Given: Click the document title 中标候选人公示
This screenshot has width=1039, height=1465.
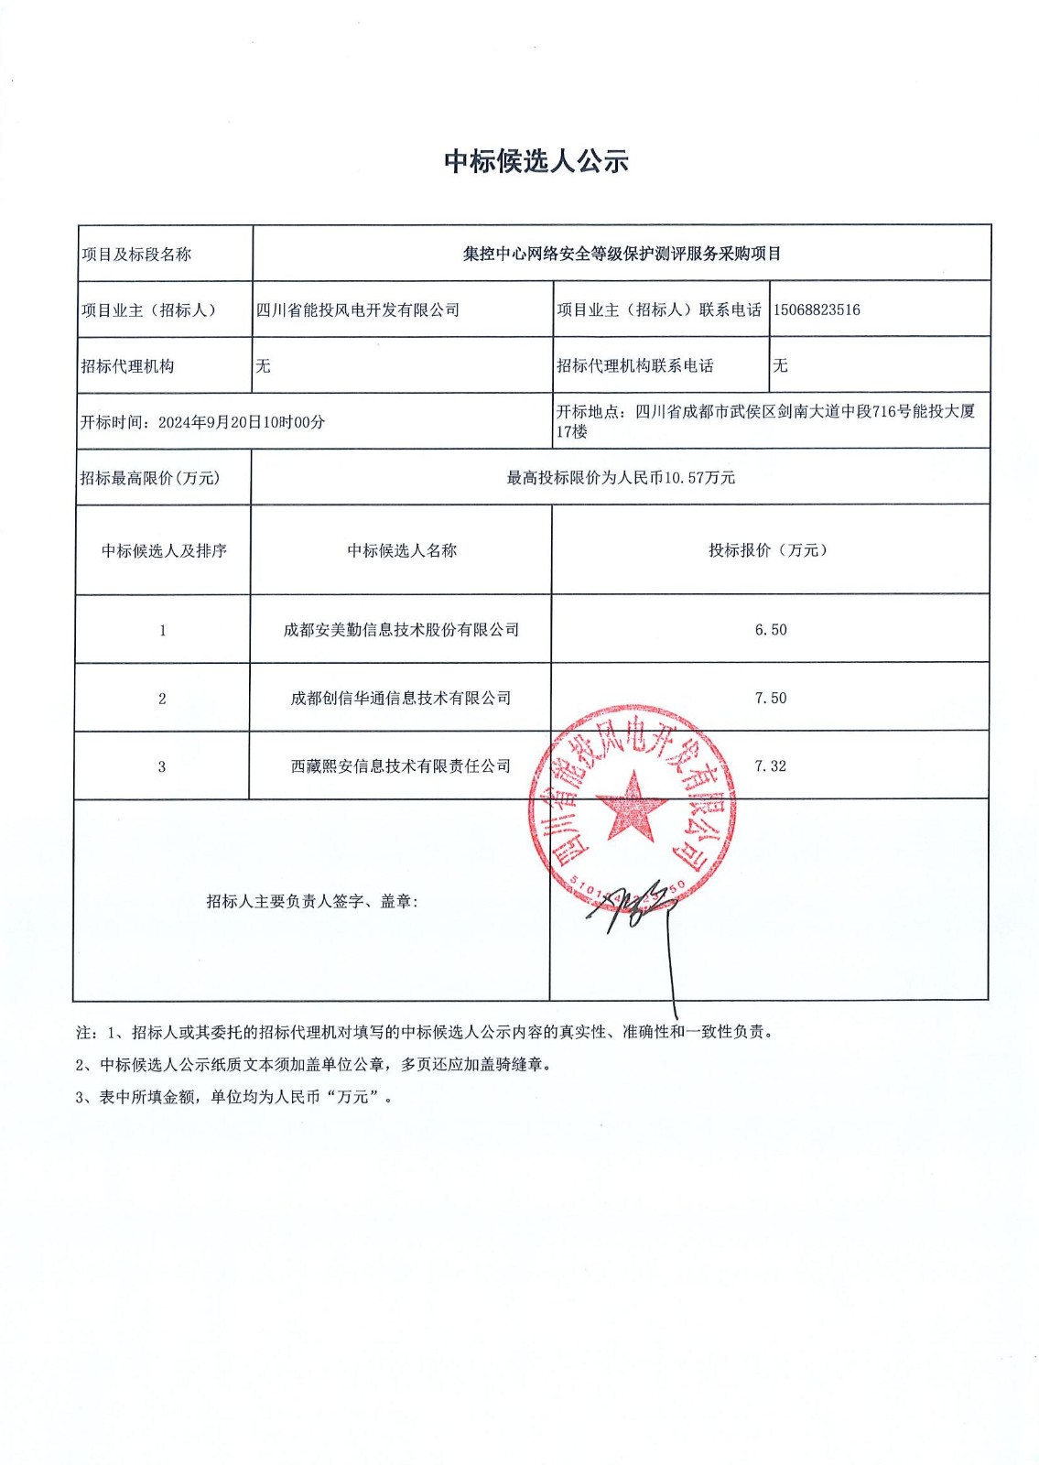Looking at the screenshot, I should point(536,161).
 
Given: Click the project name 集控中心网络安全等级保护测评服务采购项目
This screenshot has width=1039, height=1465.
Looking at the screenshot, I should point(622,254).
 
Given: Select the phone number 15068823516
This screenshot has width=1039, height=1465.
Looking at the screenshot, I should point(817,309).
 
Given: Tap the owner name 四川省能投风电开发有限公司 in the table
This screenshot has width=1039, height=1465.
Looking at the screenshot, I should point(357,310).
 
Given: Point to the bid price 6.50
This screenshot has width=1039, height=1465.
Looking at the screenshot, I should point(771,630).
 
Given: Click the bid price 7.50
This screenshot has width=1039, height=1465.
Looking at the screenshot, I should point(771,698).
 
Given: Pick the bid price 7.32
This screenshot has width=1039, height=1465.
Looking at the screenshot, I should point(771,766).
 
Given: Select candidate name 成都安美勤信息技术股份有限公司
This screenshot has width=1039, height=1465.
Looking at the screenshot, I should point(401,630).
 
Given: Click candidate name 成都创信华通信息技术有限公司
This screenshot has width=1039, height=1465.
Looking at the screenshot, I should point(401,698).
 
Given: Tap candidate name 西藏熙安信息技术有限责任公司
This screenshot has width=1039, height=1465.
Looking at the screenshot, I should point(401,766).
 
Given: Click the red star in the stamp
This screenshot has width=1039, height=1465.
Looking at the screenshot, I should point(632,806).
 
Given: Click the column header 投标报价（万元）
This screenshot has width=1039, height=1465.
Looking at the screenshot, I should point(769,550).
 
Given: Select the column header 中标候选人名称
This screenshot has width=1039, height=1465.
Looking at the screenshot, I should point(402,550).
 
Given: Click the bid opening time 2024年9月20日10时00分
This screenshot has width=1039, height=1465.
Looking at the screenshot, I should point(242,422).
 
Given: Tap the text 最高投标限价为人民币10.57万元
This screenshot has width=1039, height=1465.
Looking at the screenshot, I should point(621,478).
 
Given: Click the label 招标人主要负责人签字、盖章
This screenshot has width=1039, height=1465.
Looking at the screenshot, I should point(312,902).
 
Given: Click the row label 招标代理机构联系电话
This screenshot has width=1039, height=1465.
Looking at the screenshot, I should point(635,365).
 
